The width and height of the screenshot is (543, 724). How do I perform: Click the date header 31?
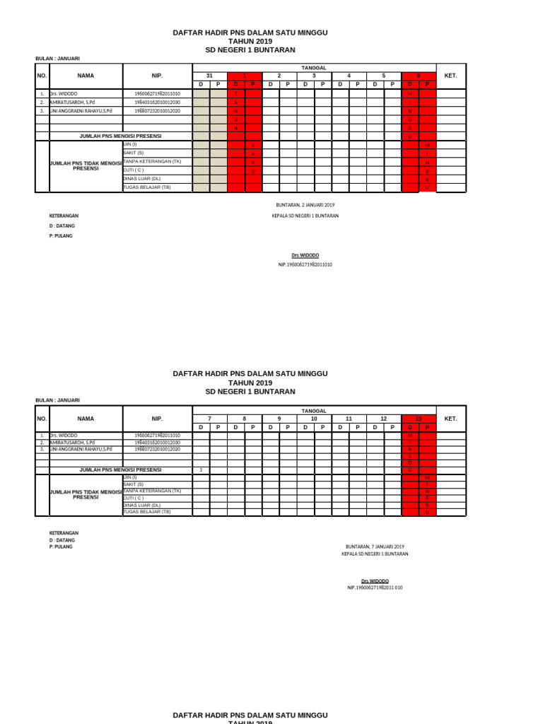[x=209, y=76]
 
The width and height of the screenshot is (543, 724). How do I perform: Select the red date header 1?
[x=245, y=76]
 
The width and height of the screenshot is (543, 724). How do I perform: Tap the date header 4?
[x=349, y=76]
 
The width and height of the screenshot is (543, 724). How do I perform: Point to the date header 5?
[x=384, y=76]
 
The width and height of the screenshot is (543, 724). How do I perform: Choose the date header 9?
[x=279, y=419]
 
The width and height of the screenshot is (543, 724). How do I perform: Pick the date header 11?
[x=349, y=419]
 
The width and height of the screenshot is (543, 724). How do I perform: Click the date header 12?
[x=384, y=419]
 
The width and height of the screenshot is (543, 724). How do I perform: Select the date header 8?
[x=245, y=419]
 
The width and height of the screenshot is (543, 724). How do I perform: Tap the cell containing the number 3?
[x=201, y=470]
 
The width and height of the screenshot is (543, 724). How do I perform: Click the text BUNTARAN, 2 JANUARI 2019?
[x=305, y=205]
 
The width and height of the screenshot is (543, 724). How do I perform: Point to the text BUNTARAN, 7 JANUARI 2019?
[x=375, y=547]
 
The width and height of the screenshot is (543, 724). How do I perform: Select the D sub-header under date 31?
[x=201, y=84]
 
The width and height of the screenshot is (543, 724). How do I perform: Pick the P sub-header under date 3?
[x=322, y=84]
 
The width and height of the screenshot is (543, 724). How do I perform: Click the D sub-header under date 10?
[x=305, y=428]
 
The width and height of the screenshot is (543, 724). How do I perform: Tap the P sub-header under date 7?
[x=218, y=428]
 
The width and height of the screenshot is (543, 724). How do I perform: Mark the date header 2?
[x=279, y=76]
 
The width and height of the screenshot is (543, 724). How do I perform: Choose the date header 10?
[x=314, y=419]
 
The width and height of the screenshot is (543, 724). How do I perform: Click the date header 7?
[x=209, y=419]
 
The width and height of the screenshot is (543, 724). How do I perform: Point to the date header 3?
[x=314, y=76]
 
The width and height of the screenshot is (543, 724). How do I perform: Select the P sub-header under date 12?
[x=392, y=428]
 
